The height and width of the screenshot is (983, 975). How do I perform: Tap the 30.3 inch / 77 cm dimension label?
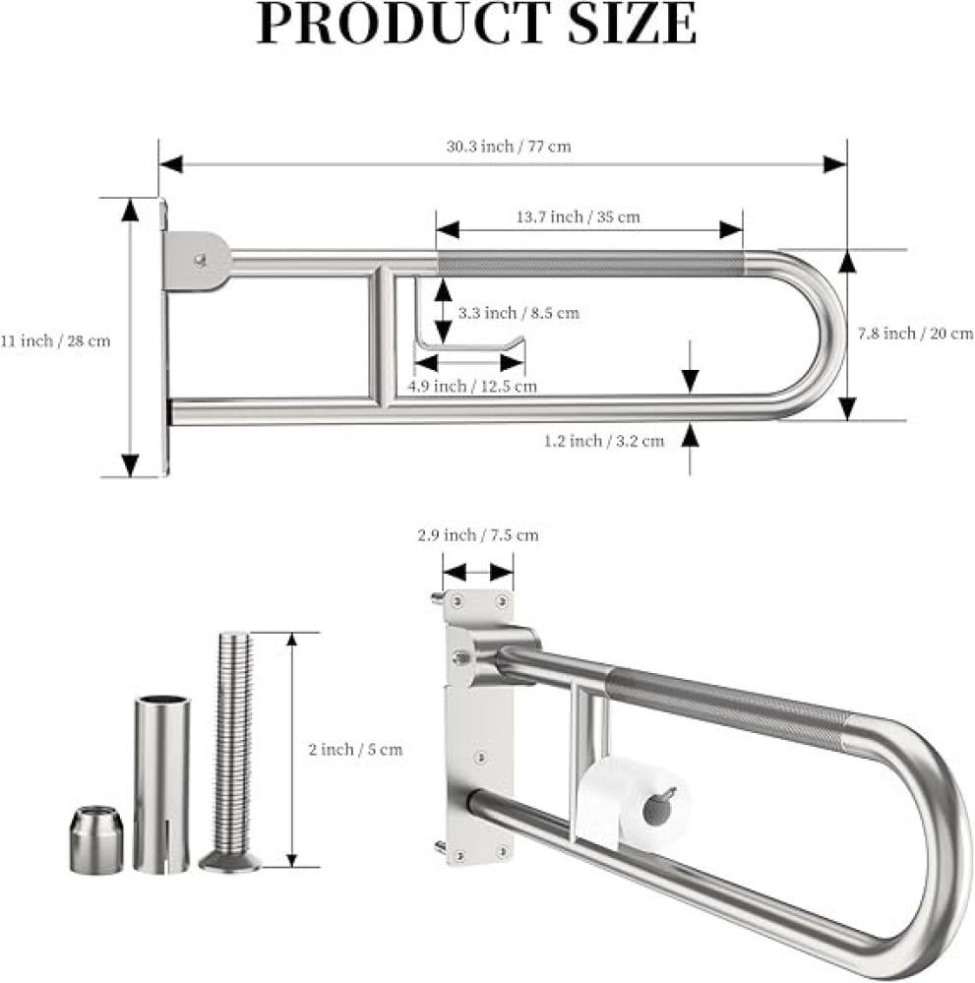coord(509,147)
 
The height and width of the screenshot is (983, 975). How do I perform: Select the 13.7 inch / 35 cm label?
coord(579,216)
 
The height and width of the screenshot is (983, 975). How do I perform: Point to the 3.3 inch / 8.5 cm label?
coord(518,313)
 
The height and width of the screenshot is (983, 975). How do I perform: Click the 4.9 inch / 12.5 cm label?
coord(472,386)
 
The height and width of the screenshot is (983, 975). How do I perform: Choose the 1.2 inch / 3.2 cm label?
coord(604,442)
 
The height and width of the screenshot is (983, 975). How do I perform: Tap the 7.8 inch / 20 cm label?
coord(915,334)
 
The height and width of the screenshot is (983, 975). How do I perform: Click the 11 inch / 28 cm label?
coord(55,341)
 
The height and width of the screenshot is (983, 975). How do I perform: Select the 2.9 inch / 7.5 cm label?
coord(478,535)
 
